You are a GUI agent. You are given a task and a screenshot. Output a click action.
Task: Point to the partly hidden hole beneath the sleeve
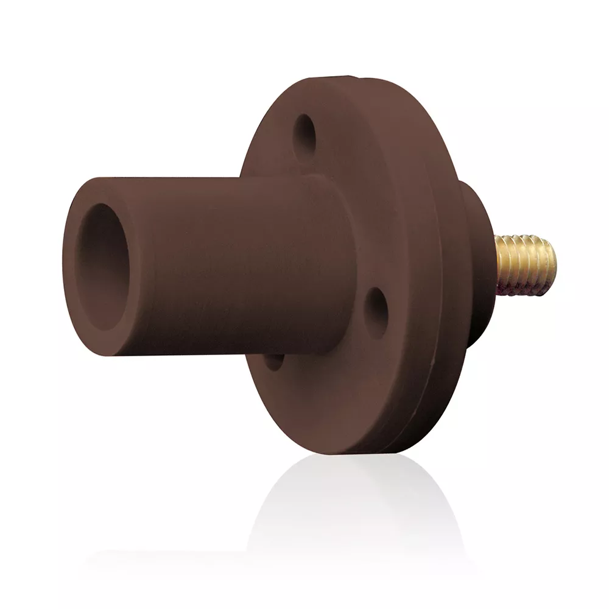pos(273,361)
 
